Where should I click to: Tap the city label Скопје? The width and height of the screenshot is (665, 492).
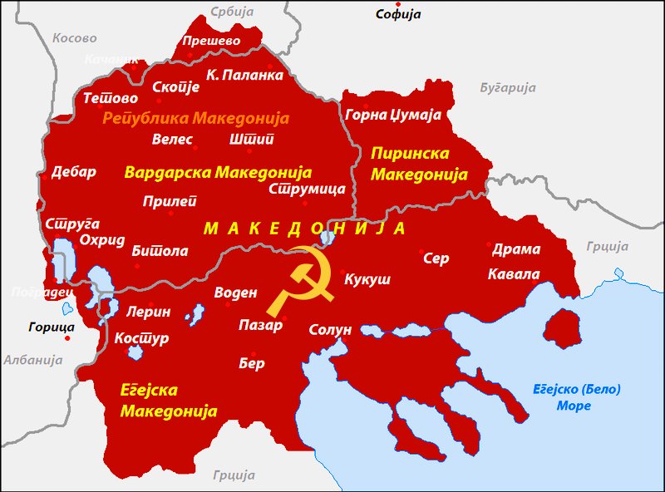click(176, 86)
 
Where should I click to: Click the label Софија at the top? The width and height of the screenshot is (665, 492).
click(398, 14)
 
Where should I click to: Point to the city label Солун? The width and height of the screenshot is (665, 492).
click(330, 330)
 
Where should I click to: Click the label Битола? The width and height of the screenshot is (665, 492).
click(160, 250)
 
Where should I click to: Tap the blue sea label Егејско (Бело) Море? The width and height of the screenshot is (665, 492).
click(576, 397)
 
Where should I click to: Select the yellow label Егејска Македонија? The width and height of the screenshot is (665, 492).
click(169, 401)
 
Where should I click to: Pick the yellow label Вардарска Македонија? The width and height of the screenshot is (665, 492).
click(218, 173)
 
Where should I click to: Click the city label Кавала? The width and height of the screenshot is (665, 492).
click(514, 274)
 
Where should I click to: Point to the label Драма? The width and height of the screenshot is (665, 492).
click(516, 249)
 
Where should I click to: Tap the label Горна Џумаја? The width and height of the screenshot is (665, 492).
click(392, 115)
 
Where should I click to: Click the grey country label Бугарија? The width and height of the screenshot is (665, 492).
click(508, 87)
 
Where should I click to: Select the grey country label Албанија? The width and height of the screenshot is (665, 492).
click(32, 360)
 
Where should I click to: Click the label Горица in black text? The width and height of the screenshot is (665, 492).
click(51, 327)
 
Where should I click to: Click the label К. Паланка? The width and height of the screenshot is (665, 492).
click(244, 75)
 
